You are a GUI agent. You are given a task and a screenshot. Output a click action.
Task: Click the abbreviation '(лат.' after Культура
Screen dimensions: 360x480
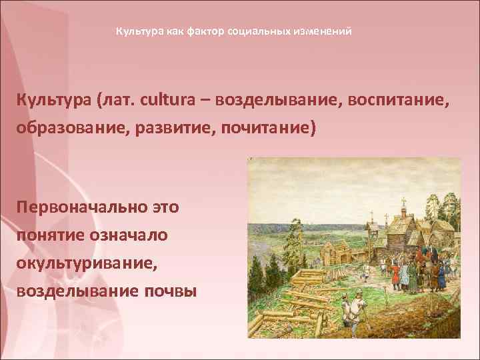pyautogui.click(x=119, y=101)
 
